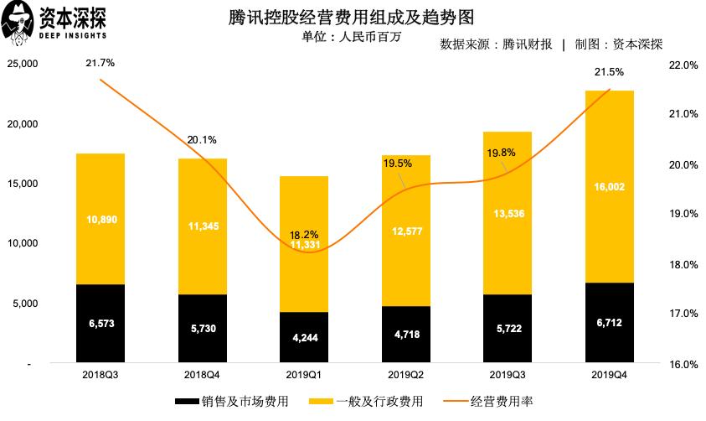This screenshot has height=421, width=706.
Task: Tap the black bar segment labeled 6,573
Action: (100, 324)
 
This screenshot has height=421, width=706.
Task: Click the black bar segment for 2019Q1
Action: (304, 337)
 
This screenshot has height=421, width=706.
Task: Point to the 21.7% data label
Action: (100, 63)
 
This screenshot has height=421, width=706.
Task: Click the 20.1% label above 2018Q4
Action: (202, 140)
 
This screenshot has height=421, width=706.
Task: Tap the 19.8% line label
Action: (502, 153)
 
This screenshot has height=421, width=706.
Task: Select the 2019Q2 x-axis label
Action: (405, 375)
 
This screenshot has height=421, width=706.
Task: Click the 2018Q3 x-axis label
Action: (100, 375)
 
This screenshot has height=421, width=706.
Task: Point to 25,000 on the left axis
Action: (23, 64)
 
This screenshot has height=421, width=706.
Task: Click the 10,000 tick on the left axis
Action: (23, 243)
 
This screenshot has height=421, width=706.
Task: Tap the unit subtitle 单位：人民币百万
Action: (346, 38)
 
